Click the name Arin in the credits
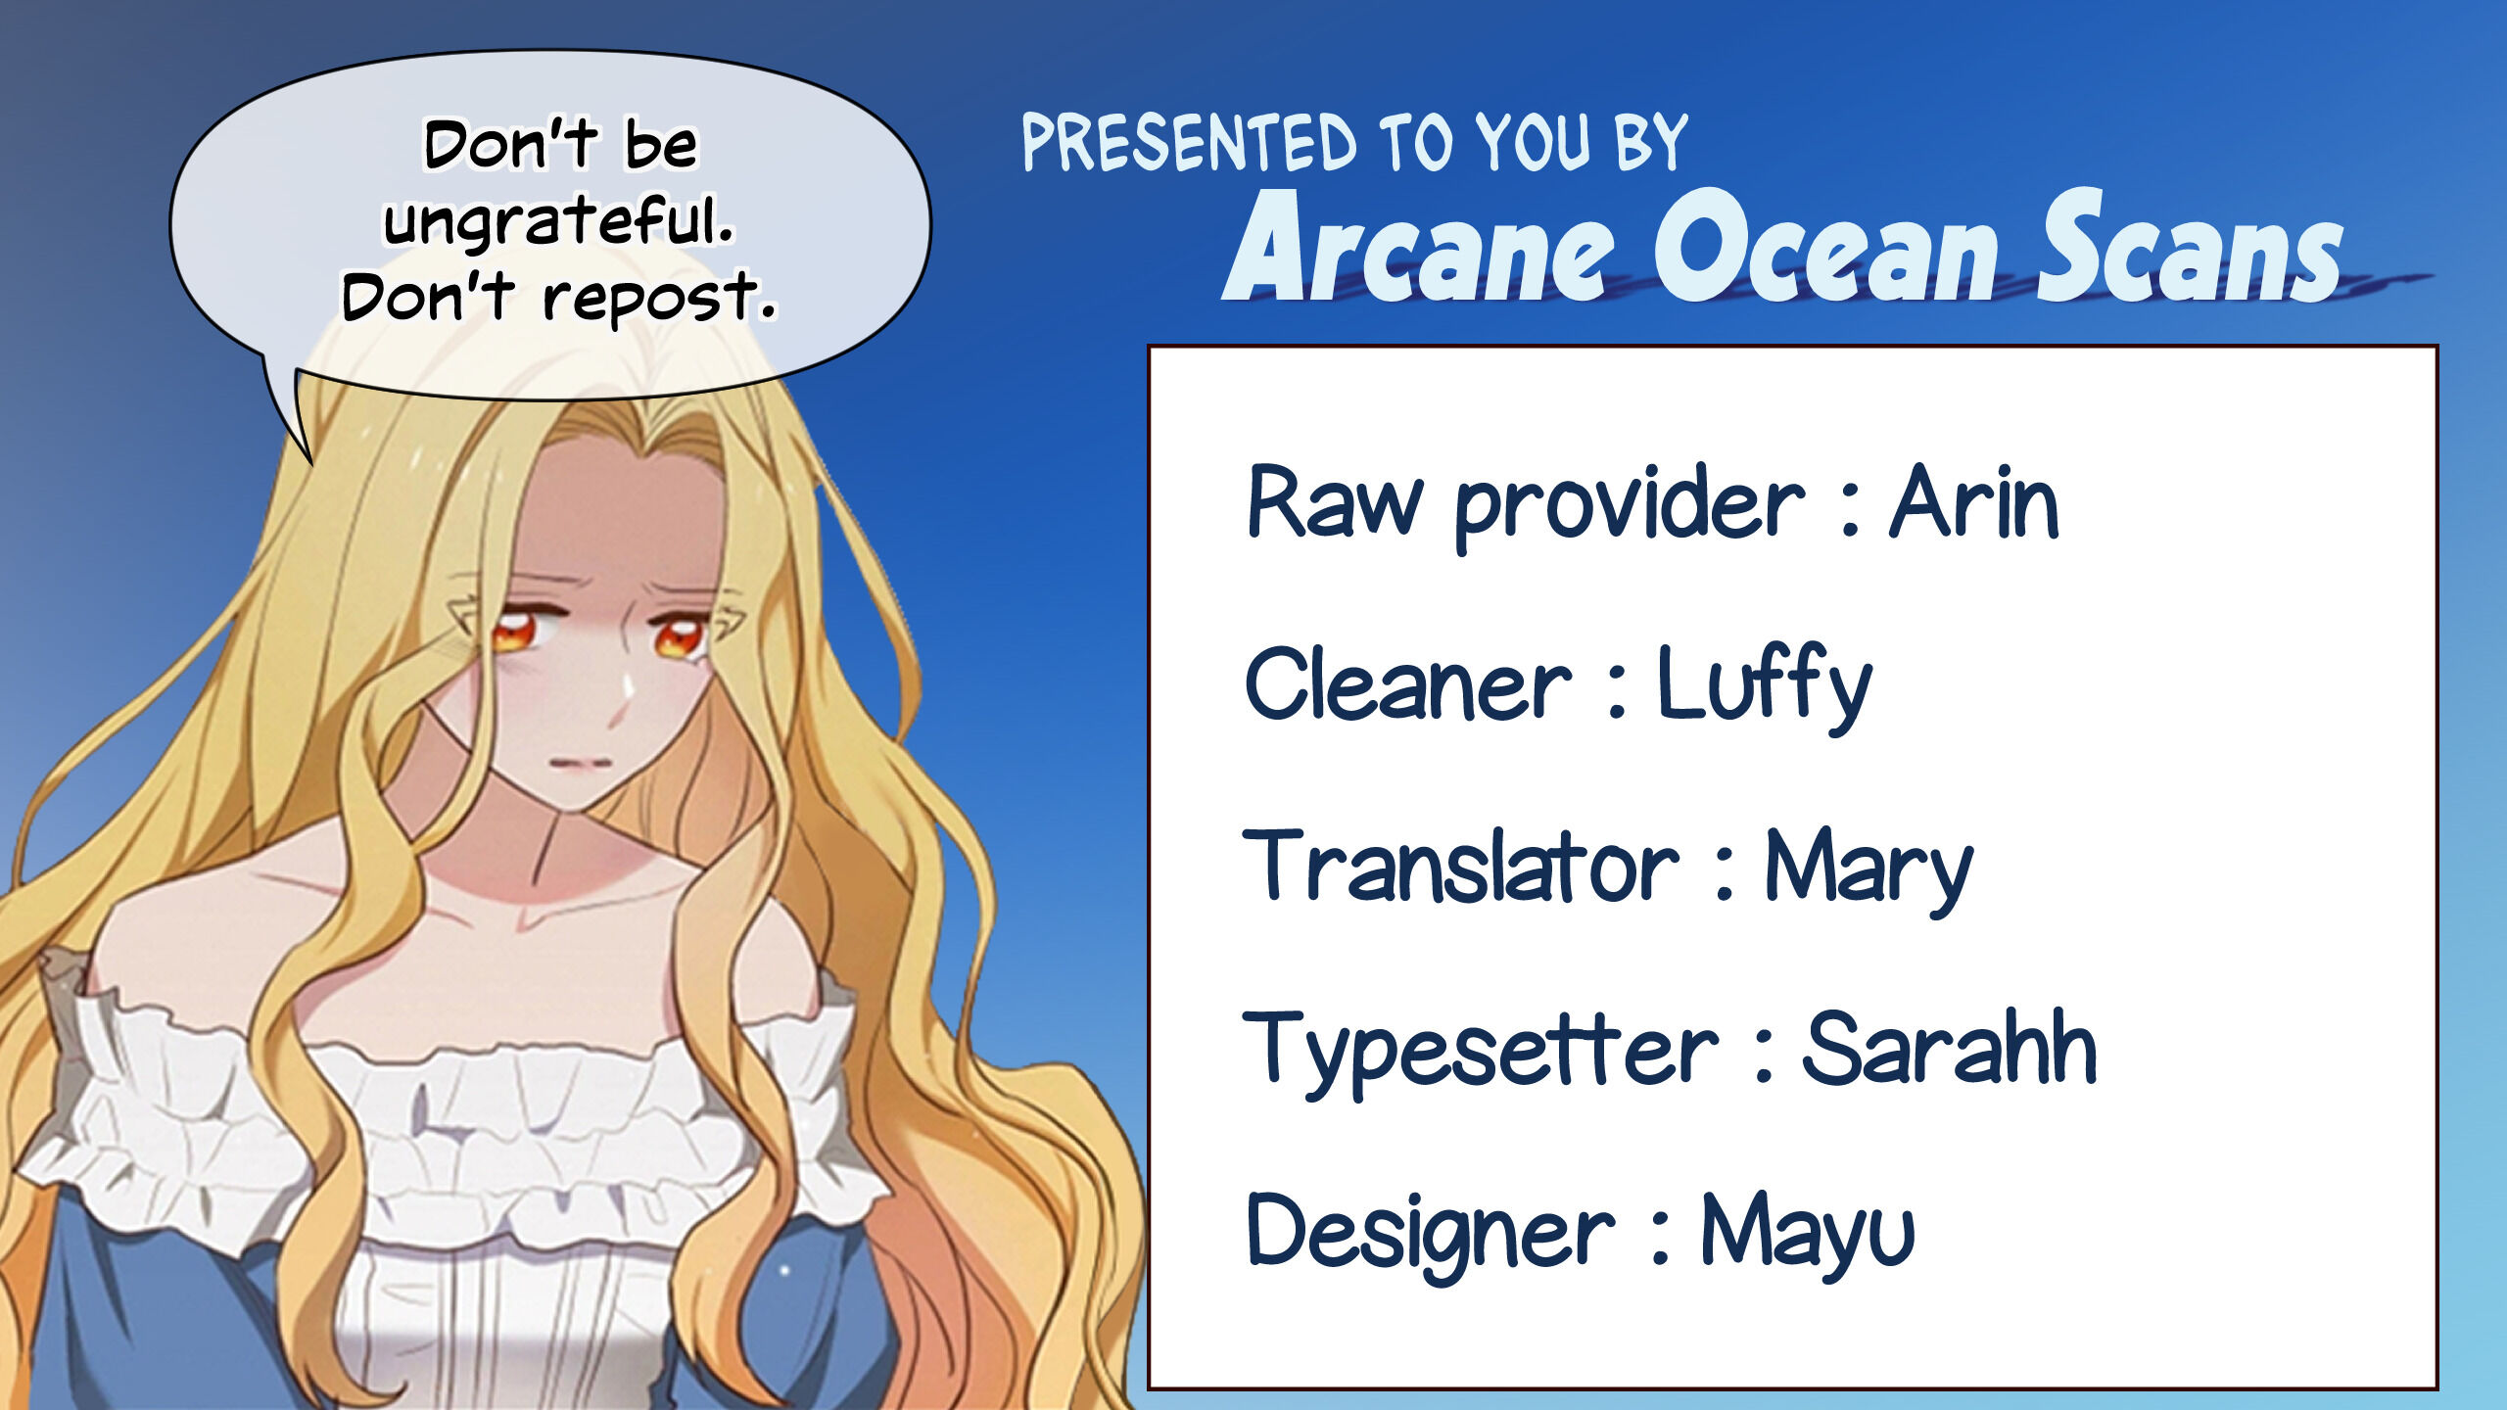[x=1973, y=501]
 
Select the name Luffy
[x=1764, y=686]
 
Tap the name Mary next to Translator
[x=1868, y=869]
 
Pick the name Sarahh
[x=1949, y=1049]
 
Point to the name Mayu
[x=1807, y=1234]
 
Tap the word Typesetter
[x=1480, y=1052]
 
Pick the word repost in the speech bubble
[x=658, y=298]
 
